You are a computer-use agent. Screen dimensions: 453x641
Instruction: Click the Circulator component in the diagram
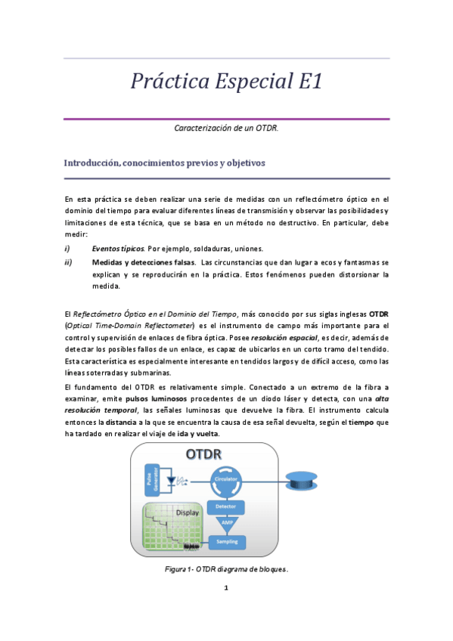pos(227,479)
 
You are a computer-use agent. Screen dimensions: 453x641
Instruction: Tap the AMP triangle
pos(227,522)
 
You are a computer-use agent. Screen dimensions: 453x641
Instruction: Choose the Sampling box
pos(227,541)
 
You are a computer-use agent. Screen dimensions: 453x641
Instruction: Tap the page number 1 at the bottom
pos(226,587)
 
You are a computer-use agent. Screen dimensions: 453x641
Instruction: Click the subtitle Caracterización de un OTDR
pos(226,129)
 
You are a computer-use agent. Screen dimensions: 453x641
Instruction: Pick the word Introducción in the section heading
pos(98,163)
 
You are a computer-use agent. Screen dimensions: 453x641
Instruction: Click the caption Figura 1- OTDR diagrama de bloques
pos(226,569)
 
